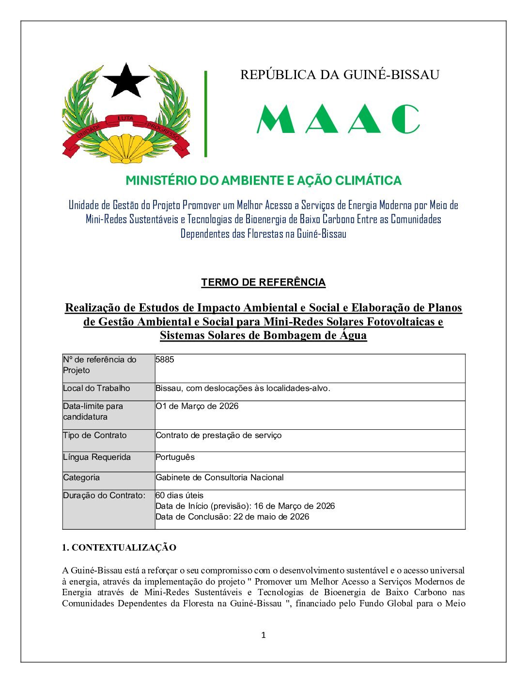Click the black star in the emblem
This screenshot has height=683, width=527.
126,81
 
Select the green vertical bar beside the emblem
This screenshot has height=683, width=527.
206,114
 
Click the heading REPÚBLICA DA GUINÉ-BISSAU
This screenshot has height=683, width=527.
340,75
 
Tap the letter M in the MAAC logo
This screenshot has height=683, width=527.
276,119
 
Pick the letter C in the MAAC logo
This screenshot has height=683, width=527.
405,119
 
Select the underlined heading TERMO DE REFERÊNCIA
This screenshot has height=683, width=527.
263,282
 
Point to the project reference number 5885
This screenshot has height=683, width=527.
165,359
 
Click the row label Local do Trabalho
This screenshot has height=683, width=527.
96,388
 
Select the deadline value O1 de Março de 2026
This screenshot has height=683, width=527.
197,406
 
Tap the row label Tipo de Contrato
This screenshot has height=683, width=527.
95,435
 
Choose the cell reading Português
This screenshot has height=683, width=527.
175,457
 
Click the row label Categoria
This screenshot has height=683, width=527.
81,477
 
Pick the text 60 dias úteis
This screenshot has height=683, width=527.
179,495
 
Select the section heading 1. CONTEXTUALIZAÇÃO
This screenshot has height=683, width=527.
119,548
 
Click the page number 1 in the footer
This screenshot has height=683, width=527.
263,635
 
